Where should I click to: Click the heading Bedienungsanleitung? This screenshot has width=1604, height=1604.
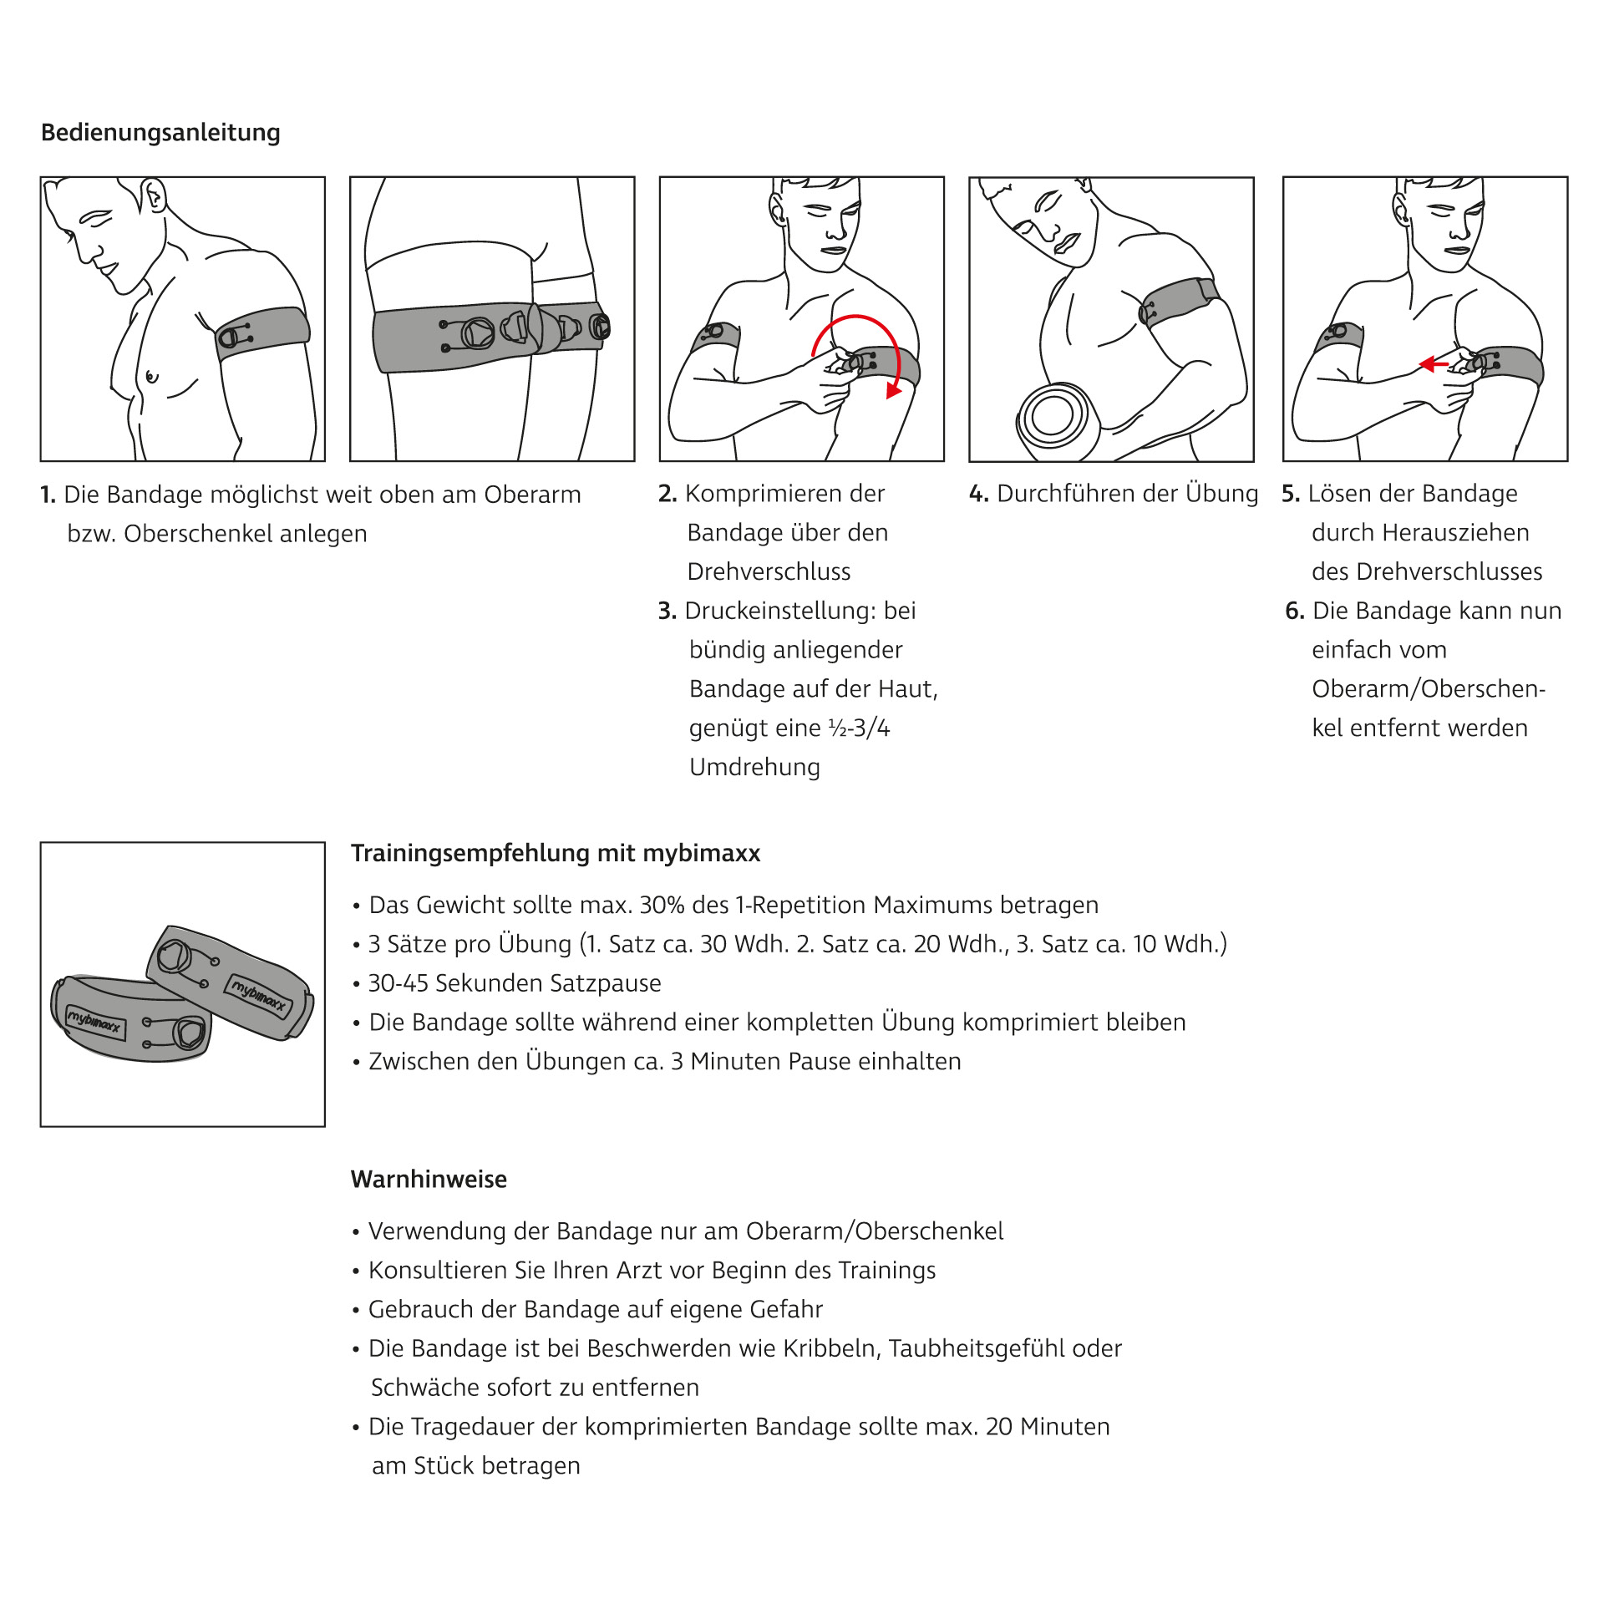pyautogui.click(x=160, y=133)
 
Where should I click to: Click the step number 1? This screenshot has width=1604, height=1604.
pyautogui.click(x=48, y=495)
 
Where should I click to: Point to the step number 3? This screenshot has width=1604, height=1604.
pyautogui.click(x=667, y=611)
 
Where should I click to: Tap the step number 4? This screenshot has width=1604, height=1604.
pyautogui.click(x=978, y=494)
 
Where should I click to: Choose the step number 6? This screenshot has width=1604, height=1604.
pyautogui.click(x=1294, y=611)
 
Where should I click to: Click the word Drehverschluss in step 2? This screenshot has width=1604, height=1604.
pyautogui.click(x=769, y=571)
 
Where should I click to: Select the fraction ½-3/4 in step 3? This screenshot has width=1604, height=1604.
pyautogui.click(x=859, y=728)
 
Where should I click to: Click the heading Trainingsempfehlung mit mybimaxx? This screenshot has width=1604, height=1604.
pyautogui.click(x=556, y=853)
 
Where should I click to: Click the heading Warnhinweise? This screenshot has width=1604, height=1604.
pyautogui.click(x=429, y=1179)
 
